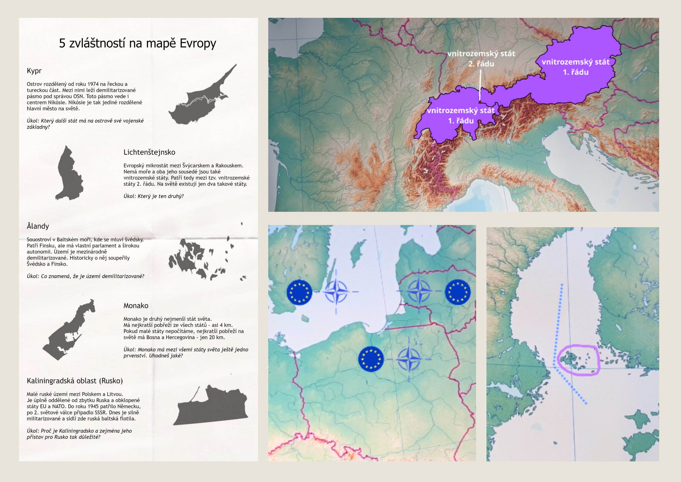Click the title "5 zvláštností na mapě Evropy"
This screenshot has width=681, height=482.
click(x=137, y=43)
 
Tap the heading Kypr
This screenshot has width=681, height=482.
click(x=34, y=71)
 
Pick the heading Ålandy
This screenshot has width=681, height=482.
click(x=38, y=226)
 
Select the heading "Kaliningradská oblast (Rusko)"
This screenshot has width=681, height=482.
click(x=74, y=381)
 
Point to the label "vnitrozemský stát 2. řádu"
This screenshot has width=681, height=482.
click(x=481, y=59)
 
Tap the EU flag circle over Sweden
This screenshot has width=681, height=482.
click(x=299, y=292)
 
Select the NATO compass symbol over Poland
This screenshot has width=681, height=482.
click(x=409, y=359)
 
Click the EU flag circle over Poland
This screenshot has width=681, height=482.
click(x=371, y=359)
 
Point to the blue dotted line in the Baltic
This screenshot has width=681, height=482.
click(x=558, y=327)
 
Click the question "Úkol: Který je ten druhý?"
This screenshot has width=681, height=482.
click(x=153, y=196)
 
